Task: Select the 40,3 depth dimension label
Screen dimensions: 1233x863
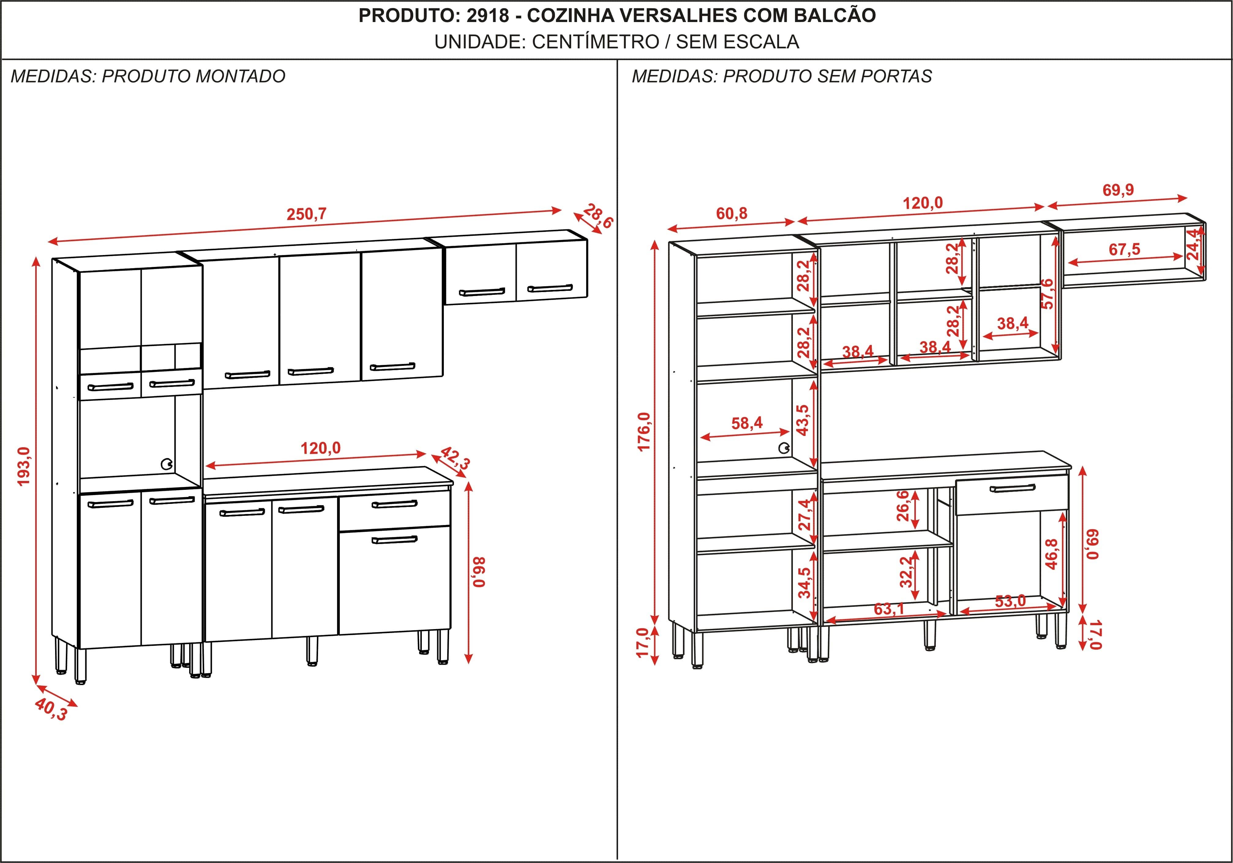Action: point(51,709)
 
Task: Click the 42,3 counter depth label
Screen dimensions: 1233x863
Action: point(455,458)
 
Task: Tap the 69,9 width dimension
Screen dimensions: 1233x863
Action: point(1119,189)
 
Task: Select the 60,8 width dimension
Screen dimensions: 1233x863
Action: point(731,214)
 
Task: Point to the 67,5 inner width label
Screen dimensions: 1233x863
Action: point(1125,249)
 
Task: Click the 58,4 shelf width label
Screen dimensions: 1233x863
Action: point(747,423)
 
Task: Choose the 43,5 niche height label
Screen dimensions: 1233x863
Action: point(803,420)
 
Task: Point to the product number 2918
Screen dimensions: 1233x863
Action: point(488,16)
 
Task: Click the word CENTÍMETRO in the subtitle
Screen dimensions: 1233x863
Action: point(596,41)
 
